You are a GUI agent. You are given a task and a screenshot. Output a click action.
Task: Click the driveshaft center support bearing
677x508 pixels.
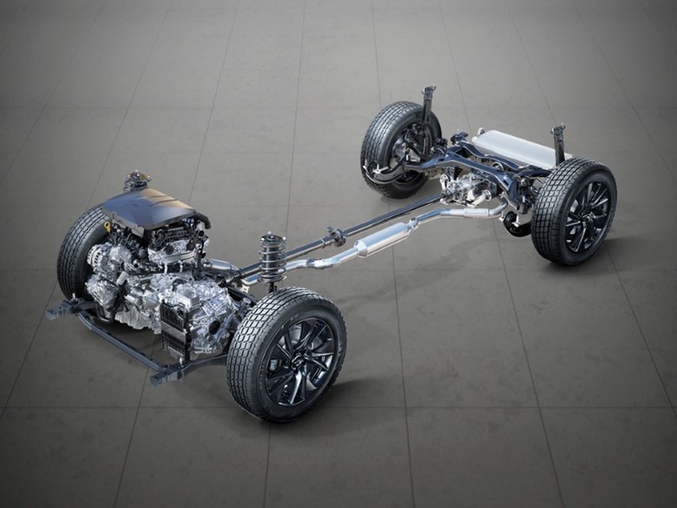coord(335,235)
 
